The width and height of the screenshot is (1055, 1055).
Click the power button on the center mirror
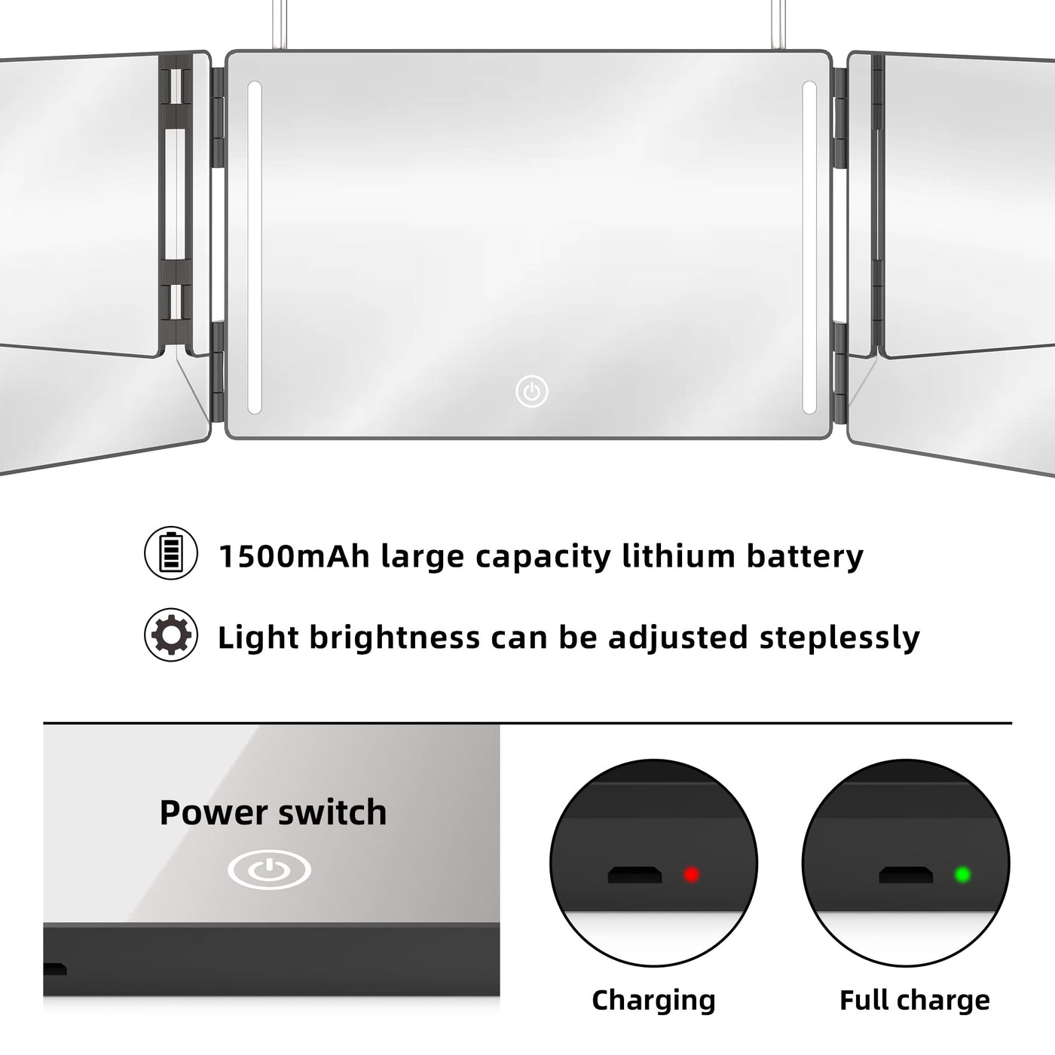(x=531, y=391)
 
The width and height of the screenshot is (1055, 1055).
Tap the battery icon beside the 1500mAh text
(x=171, y=553)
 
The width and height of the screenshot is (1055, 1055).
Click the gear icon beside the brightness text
(x=171, y=635)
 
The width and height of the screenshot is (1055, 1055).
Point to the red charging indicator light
(x=692, y=874)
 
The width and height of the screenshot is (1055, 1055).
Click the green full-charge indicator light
(x=962, y=874)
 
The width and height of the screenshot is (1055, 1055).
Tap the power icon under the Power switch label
(x=269, y=870)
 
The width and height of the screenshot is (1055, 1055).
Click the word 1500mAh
(x=294, y=556)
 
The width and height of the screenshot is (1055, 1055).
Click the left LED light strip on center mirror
(x=255, y=247)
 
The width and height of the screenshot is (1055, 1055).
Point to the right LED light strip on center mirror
(x=809, y=247)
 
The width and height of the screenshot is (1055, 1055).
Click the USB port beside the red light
(x=635, y=874)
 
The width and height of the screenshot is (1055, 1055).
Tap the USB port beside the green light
(x=906, y=874)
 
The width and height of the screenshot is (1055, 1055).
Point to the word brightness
(x=396, y=638)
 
